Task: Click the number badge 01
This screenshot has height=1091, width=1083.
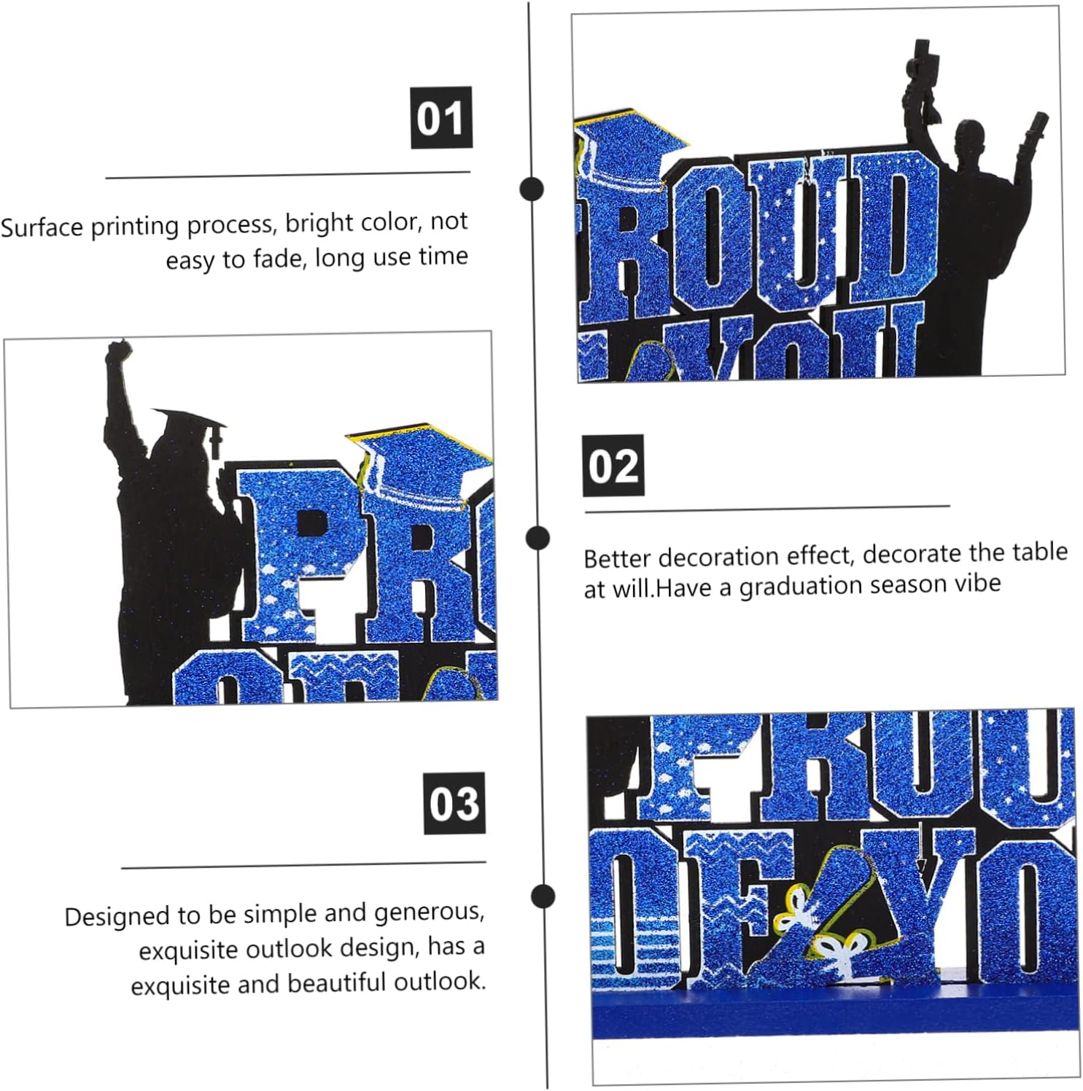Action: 441,117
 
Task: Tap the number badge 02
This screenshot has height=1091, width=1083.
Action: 613,465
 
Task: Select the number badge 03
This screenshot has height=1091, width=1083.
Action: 454,803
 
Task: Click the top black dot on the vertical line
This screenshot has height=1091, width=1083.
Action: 532,189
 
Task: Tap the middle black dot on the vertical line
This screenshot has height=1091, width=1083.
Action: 537,538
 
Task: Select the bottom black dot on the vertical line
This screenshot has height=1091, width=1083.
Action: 543,896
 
